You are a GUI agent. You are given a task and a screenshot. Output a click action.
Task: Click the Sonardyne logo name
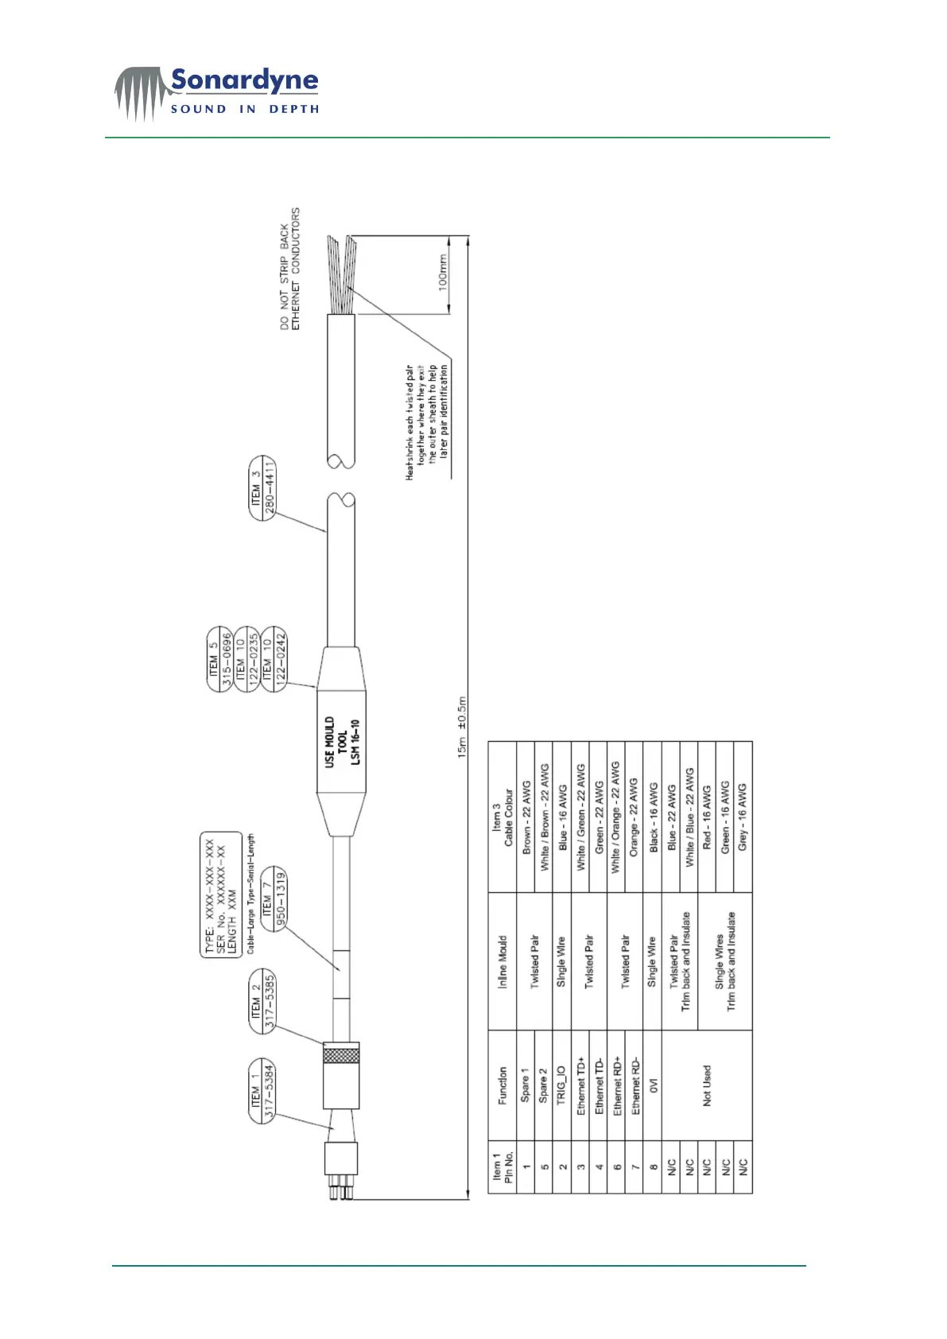point(244,80)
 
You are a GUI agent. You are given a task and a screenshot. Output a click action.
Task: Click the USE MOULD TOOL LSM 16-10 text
point(343,741)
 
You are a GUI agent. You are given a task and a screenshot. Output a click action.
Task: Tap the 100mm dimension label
point(444,272)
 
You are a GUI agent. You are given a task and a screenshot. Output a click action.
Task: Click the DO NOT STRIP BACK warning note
point(290,270)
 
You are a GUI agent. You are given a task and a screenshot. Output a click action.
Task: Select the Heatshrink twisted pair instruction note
point(427,421)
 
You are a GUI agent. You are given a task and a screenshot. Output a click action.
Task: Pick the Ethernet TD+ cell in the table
point(580,1085)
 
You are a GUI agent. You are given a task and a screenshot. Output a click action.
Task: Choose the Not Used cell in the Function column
point(707,1085)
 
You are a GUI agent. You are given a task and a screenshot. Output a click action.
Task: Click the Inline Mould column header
point(502,962)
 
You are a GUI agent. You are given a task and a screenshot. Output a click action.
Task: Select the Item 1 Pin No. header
point(502,1166)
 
